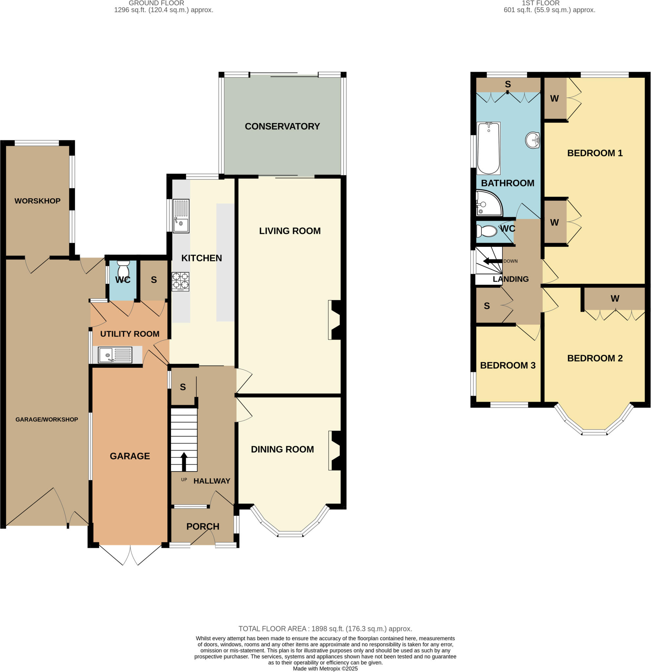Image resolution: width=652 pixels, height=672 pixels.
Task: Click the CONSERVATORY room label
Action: pyautogui.click(x=282, y=127)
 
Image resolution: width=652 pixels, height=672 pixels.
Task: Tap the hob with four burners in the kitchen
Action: pyautogui.click(x=180, y=282)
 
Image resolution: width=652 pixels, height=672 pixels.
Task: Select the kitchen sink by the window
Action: pyautogui.click(x=181, y=216)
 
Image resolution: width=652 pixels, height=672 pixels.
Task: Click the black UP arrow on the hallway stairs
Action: pyautogui.click(x=184, y=461)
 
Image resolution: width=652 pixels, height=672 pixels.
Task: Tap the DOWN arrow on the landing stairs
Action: pyautogui.click(x=493, y=261)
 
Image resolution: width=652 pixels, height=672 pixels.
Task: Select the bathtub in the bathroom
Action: pyautogui.click(x=489, y=148)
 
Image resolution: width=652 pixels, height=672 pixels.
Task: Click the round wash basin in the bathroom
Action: pyautogui.click(x=533, y=140)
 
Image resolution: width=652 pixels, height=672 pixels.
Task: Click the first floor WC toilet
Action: pyautogui.click(x=486, y=231)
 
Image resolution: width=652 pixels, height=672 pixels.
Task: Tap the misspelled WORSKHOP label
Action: pyautogui.click(x=37, y=201)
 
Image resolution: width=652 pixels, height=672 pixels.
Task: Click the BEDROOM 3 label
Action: pyautogui.click(x=507, y=366)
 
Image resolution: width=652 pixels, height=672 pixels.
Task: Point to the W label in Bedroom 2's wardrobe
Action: pyautogui.click(x=615, y=299)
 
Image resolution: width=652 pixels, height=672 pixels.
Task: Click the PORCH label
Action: pyautogui.click(x=202, y=526)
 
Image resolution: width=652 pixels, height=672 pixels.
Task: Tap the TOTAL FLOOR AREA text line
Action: pyautogui.click(x=325, y=629)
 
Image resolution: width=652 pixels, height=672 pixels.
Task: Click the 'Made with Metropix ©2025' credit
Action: pyautogui.click(x=325, y=669)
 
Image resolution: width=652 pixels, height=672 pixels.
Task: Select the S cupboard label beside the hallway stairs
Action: pyautogui.click(x=183, y=387)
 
